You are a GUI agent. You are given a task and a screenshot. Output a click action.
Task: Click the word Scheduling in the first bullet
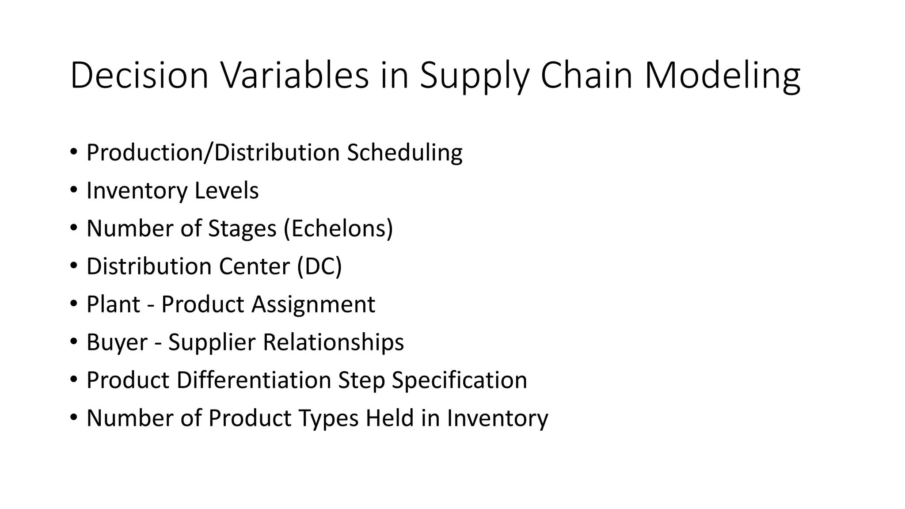[x=404, y=153]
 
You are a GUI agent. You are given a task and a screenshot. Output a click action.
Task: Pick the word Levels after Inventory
[x=226, y=190]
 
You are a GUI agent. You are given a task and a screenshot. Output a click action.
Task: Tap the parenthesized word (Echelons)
[x=338, y=228]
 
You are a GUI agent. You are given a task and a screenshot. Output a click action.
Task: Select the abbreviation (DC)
[x=319, y=266]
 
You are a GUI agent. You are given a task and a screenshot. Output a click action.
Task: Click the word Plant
[x=113, y=304]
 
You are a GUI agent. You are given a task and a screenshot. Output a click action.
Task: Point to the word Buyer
[x=117, y=342]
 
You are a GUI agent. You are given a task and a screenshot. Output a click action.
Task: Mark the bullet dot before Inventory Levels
[x=73, y=190]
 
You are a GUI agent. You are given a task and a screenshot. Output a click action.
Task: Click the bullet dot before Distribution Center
[x=73, y=266]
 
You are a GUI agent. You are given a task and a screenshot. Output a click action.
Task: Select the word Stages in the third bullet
[x=242, y=229]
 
